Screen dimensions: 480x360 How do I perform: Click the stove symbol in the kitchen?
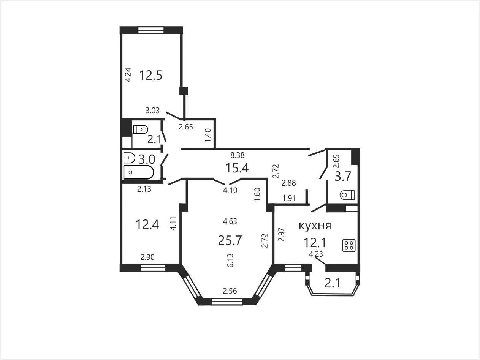click(349, 246)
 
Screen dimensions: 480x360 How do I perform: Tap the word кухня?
click(315, 226)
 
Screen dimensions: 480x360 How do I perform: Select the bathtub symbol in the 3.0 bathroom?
click(139, 172)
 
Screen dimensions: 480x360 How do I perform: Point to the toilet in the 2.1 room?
click(141, 129)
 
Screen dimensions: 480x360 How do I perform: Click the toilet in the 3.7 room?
click(347, 195)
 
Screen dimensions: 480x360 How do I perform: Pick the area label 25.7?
click(230, 240)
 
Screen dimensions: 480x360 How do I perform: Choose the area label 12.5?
click(150, 75)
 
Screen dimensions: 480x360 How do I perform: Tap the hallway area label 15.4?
click(237, 168)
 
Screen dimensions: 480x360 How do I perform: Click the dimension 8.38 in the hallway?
click(238, 155)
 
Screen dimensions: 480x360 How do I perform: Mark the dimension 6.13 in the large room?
click(230, 260)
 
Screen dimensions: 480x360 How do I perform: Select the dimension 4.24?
click(128, 75)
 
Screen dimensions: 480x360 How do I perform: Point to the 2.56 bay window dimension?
click(230, 291)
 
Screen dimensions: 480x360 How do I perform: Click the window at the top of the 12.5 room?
click(151, 30)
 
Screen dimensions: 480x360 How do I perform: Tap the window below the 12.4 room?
click(153, 268)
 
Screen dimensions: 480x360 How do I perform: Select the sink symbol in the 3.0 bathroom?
click(129, 158)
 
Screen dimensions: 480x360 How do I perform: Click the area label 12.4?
click(147, 224)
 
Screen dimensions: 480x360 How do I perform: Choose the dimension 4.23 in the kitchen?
click(316, 254)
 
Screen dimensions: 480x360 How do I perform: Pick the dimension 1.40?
click(208, 135)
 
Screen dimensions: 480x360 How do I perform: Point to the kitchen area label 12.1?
click(315, 243)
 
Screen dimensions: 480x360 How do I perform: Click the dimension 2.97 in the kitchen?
click(282, 235)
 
